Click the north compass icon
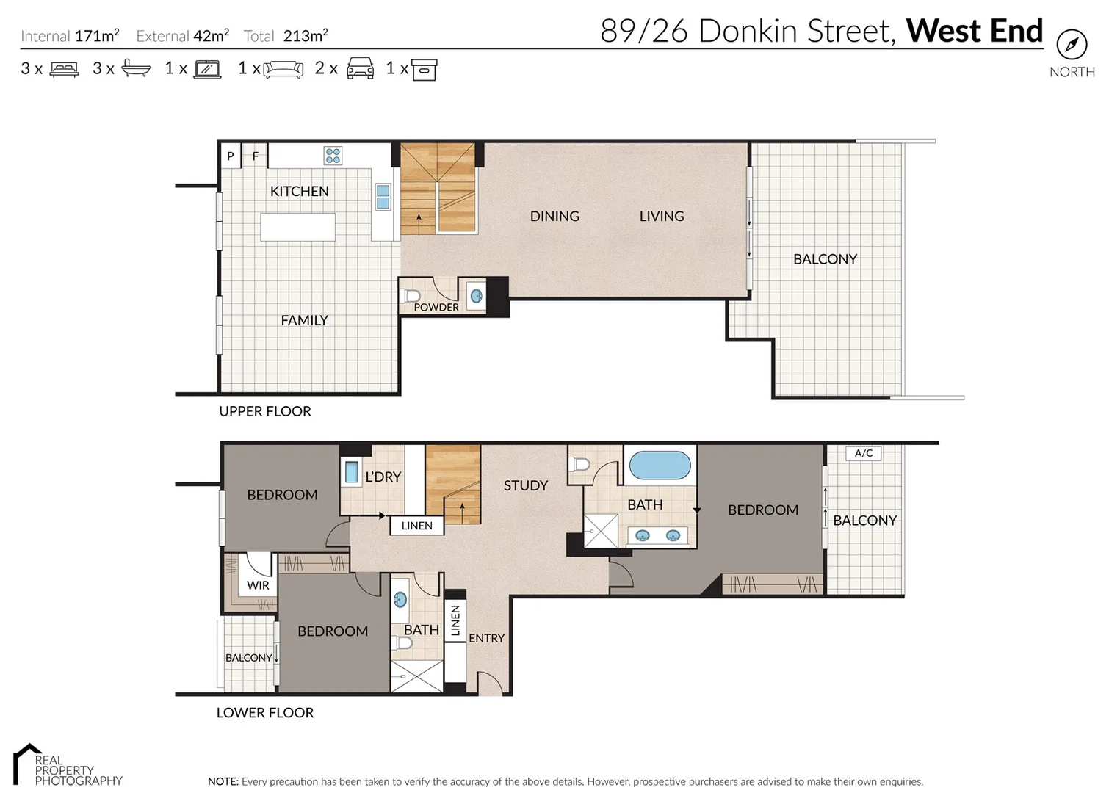pyautogui.click(x=1072, y=45)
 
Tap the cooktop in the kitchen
pyautogui.click(x=333, y=155)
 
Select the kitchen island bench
pyautogui.click(x=297, y=227)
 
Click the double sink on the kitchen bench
pyautogui.click(x=383, y=197)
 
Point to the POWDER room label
pyautogui.click(x=436, y=307)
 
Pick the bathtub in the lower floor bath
pyautogui.click(x=660, y=466)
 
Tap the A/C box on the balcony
pyautogui.click(x=863, y=453)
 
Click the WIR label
pyautogui.click(x=258, y=585)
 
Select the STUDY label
pyautogui.click(x=526, y=485)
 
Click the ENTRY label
pyautogui.click(x=486, y=638)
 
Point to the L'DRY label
pyautogui.click(x=383, y=477)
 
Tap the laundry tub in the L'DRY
pyautogui.click(x=352, y=471)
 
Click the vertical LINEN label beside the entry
pyautogui.click(x=455, y=620)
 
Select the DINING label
pyautogui.click(x=554, y=217)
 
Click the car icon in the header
pyautogui.click(x=360, y=68)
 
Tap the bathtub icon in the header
pyautogui.click(x=136, y=68)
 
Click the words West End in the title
pyautogui.click(x=974, y=31)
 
